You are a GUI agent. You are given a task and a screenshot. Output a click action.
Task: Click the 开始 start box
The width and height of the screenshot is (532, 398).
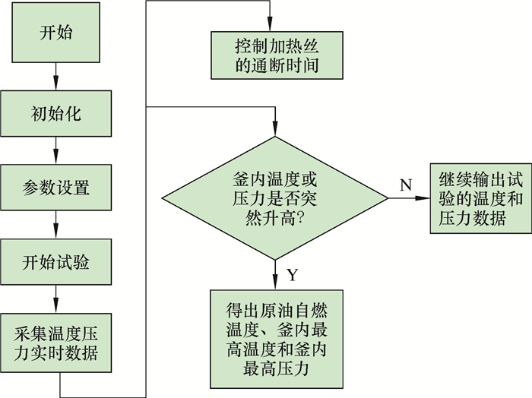coord(55,34)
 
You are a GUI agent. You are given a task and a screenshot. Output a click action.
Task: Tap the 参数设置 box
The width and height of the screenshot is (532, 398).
coord(55,187)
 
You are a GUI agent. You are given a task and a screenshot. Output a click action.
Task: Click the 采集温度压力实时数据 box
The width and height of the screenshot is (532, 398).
coord(55,344)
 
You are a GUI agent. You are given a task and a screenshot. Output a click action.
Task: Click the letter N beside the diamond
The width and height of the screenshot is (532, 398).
coord(405,185)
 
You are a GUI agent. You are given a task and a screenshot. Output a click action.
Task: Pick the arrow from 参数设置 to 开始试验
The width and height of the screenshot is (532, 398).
coord(55,226)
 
